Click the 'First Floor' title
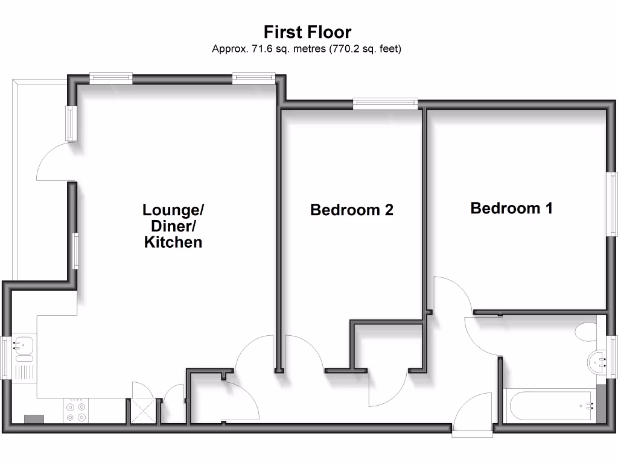307,31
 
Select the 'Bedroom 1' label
511,209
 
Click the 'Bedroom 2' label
351,210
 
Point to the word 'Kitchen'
173,242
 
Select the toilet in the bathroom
585,331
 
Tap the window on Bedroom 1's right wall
613,203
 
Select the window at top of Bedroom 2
386,104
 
